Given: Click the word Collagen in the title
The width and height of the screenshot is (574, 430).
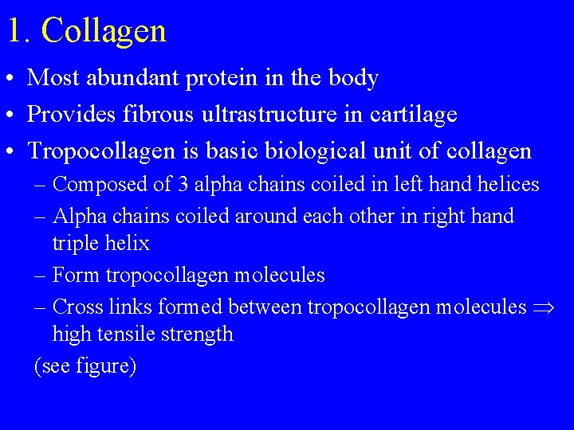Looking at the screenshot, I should tap(104, 30).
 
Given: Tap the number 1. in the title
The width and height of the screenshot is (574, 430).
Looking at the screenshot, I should tap(19, 30).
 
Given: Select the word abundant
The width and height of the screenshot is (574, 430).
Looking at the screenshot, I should tap(127, 78).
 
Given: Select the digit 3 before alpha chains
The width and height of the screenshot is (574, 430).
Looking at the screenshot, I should tap(183, 185).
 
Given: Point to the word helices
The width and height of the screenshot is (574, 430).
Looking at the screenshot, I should tap(509, 185).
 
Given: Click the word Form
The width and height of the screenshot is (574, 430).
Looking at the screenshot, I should tap(77, 276).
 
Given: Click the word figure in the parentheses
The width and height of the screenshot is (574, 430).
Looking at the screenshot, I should tap(101, 366).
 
